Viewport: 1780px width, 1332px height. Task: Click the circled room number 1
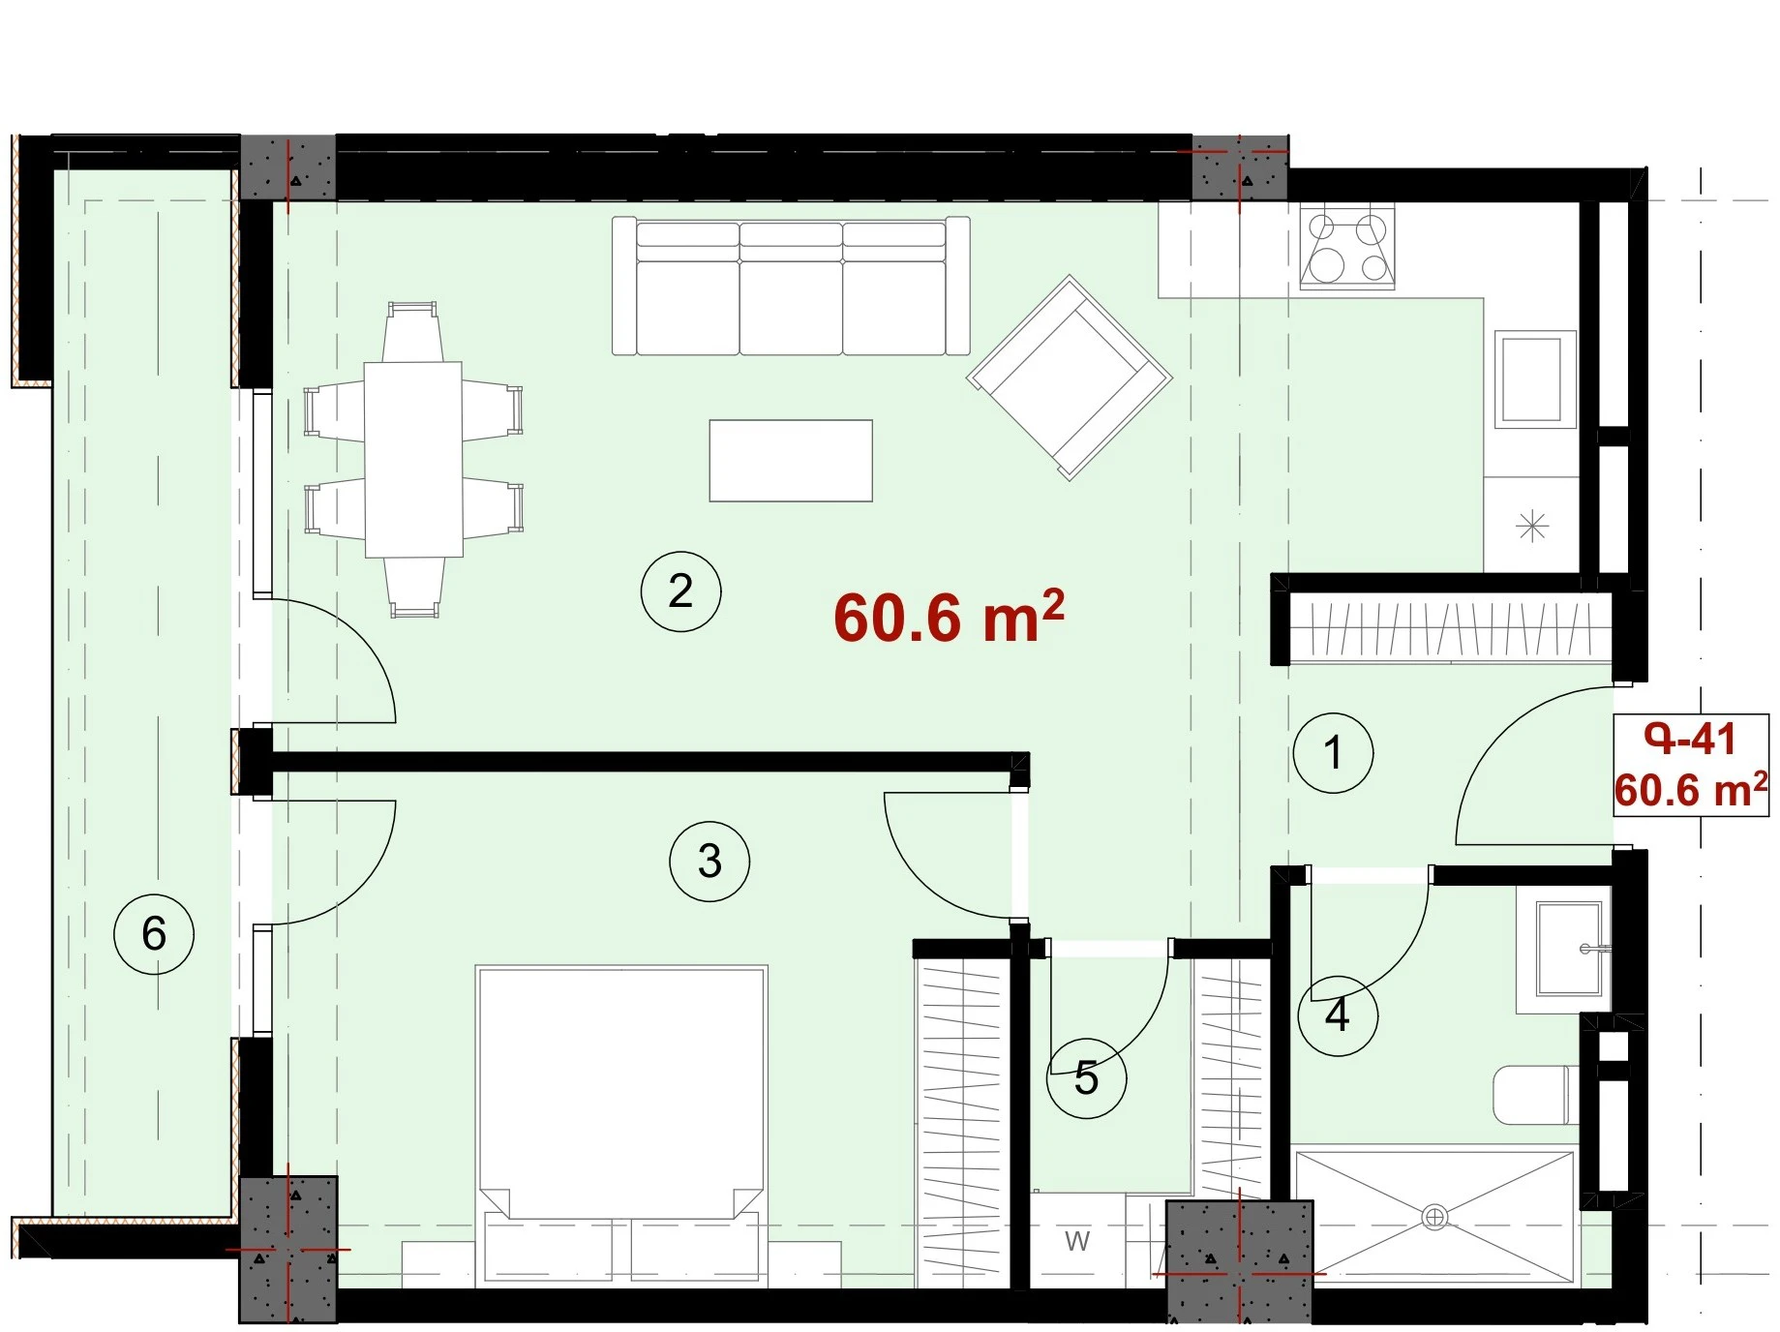(x=1333, y=753)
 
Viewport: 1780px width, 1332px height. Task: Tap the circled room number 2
(x=680, y=591)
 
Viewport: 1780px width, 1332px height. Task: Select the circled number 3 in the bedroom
(x=709, y=862)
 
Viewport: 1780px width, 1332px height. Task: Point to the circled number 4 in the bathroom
(x=1337, y=1015)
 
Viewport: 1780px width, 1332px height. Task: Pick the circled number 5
(x=1086, y=1078)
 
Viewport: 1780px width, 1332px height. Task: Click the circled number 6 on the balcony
(x=154, y=934)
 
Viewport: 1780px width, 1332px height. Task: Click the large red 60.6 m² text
(x=949, y=617)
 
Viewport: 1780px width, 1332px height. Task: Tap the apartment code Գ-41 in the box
(x=1690, y=741)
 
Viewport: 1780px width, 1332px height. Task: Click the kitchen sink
(x=1534, y=379)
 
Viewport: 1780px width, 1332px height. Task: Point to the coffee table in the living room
(x=791, y=461)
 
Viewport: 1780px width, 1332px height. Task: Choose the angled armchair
(x=1070, y=378)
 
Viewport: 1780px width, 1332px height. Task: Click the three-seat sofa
(x=791, y=287)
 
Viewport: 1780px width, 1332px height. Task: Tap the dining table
(x=413, y=460)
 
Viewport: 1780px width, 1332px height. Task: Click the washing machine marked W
(x=1076, y=1241)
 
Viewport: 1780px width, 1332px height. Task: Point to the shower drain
(x=1434, y=1217)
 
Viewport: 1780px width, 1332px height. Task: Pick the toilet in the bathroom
(x=1536, y=1095)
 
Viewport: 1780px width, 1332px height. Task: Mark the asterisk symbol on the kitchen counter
(x=1532, y=528)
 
